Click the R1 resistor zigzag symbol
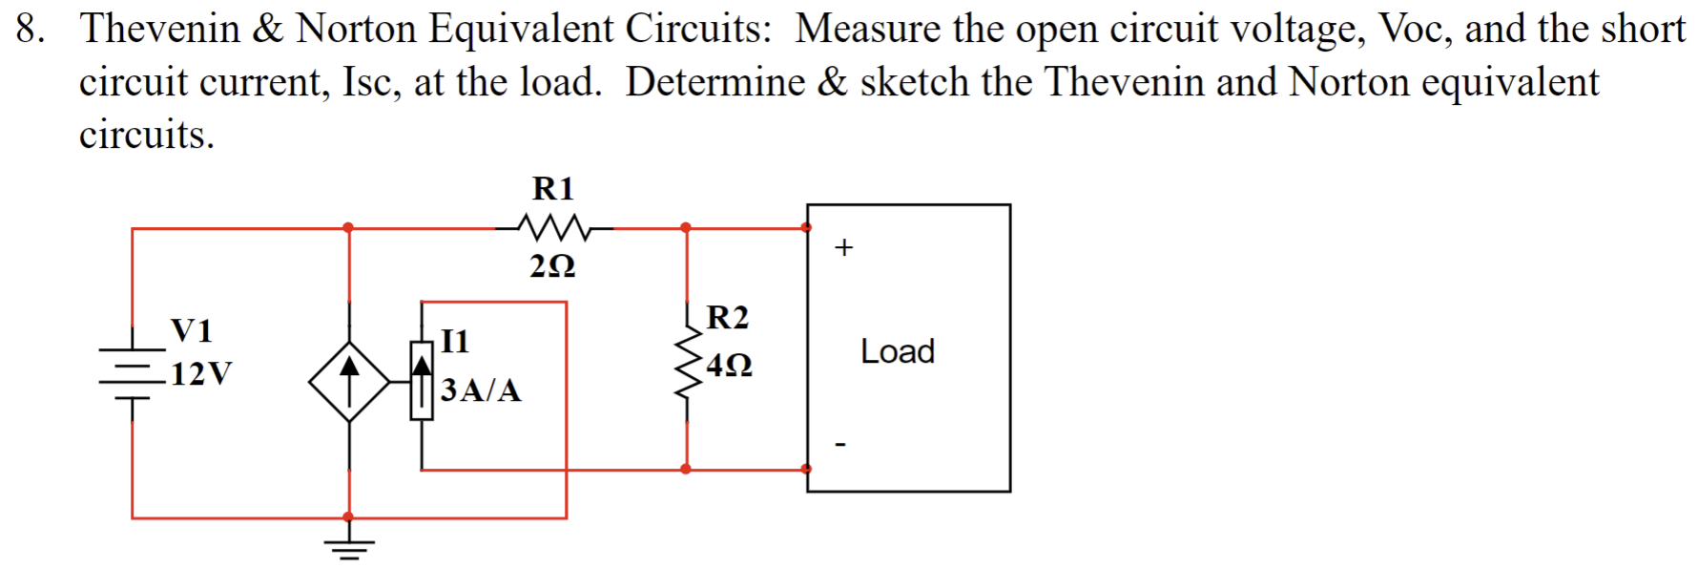tap(554, 228)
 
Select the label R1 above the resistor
tap(553, 188)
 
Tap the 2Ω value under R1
tap(553, 265)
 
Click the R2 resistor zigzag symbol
tap(687, 364)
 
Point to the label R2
tap(728, 317)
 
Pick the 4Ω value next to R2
tap(730, 365)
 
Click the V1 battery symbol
tap(133, 373)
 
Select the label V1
tap(192, 330)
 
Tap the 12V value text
tap(201, 373)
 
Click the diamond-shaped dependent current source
tap(349, 382)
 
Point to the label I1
tap(455, 341)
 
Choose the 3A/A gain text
tap(481, 390)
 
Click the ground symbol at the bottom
tap(349, 548)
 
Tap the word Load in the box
tap(898, 351)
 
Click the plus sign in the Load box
tap(843, 248)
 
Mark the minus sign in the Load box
tap(840, 444)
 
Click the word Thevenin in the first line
tap(160, 29)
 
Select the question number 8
tap(30, 29)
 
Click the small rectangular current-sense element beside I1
tap(422, 380)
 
